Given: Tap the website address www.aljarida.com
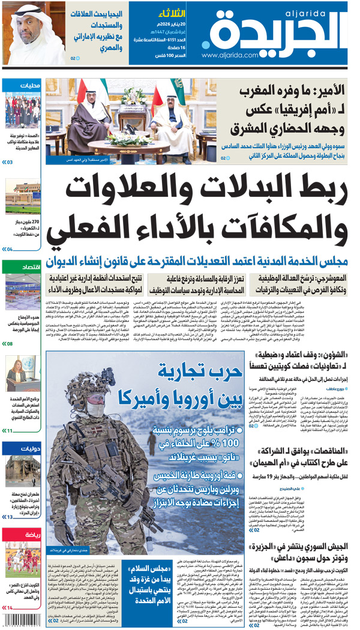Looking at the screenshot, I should pyautogui.click(x=226, y=56).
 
